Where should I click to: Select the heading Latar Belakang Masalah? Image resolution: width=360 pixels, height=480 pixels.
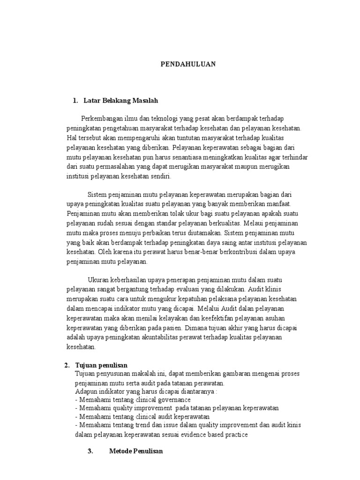coord(121,100)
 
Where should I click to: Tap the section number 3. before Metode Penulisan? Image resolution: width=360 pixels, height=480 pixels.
coord(91,451)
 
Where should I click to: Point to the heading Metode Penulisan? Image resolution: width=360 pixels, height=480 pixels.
coord(135,451)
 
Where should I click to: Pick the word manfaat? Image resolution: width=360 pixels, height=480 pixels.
coord(278,204)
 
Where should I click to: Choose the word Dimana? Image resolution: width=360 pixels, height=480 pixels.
coord(197,328)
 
